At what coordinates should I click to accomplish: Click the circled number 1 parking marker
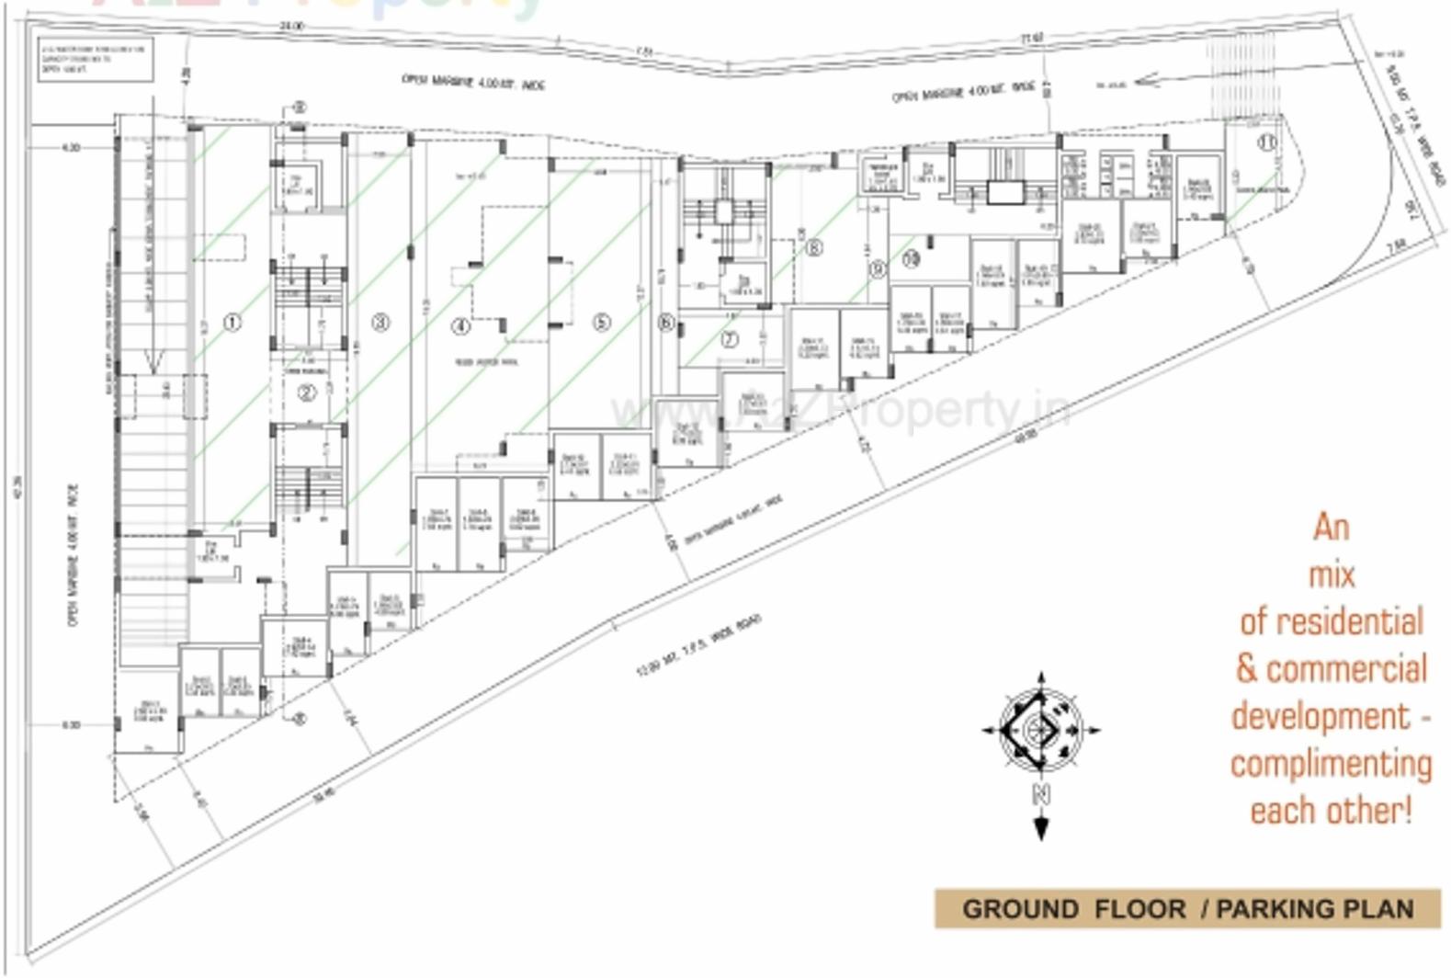coord(232,323)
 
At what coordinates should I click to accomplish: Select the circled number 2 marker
coord(307,392)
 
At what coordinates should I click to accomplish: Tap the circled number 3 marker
coord(380,322)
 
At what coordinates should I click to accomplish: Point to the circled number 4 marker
coord(461,325)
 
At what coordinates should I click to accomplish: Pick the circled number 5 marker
coord(601,323)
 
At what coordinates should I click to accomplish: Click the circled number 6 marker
coord(666,323)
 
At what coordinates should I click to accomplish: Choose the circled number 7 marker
coord(730,339)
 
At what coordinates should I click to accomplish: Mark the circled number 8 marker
coord(813,247)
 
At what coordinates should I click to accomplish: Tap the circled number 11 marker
coord(1268,143)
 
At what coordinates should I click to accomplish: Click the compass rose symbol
coord(1041,729)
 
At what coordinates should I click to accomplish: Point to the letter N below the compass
coord(1041,794)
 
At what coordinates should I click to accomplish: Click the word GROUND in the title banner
coord(1020,910)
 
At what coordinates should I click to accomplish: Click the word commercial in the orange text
coord(1346,669)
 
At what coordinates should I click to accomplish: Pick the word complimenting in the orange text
coord(1331,764)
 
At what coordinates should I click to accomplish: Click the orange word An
coord(1331,528)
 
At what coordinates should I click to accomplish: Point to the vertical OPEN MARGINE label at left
coord(74,555)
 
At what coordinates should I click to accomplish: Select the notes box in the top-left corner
coord(96,60)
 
